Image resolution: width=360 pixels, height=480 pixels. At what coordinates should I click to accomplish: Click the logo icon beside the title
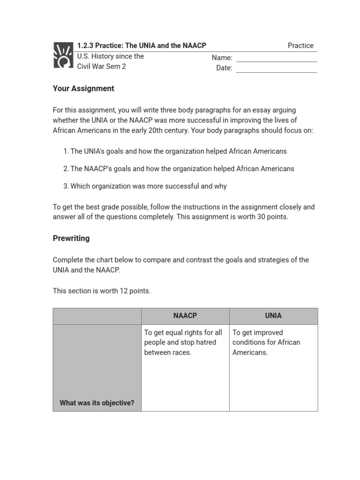[x=63, y=55]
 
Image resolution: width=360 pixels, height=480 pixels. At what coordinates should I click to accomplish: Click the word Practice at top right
[x=300, y=45]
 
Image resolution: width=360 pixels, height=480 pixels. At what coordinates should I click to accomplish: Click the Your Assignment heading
[x=83, y=89]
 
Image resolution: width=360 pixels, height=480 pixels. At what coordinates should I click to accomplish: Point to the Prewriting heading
[x=71, y=238]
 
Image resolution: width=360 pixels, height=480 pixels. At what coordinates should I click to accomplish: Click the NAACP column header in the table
[x=185, y=316]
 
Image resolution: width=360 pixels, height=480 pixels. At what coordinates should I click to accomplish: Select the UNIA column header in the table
[x=273, y=316]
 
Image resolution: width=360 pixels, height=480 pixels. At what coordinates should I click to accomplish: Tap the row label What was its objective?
[x=97, y=403]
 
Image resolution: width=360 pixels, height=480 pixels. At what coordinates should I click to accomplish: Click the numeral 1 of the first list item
[x=65, y=151]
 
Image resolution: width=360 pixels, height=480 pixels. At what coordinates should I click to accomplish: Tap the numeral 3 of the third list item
[x=66, y=186]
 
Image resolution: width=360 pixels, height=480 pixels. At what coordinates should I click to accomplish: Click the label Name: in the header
[x=222, y=58]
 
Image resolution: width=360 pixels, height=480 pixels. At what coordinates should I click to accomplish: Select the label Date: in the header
[x=224, y=68]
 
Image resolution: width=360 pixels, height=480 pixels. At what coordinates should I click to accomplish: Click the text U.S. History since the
[x=111, y=56]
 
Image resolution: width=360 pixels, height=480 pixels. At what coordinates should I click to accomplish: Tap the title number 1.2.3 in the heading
[x=85, y=45]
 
